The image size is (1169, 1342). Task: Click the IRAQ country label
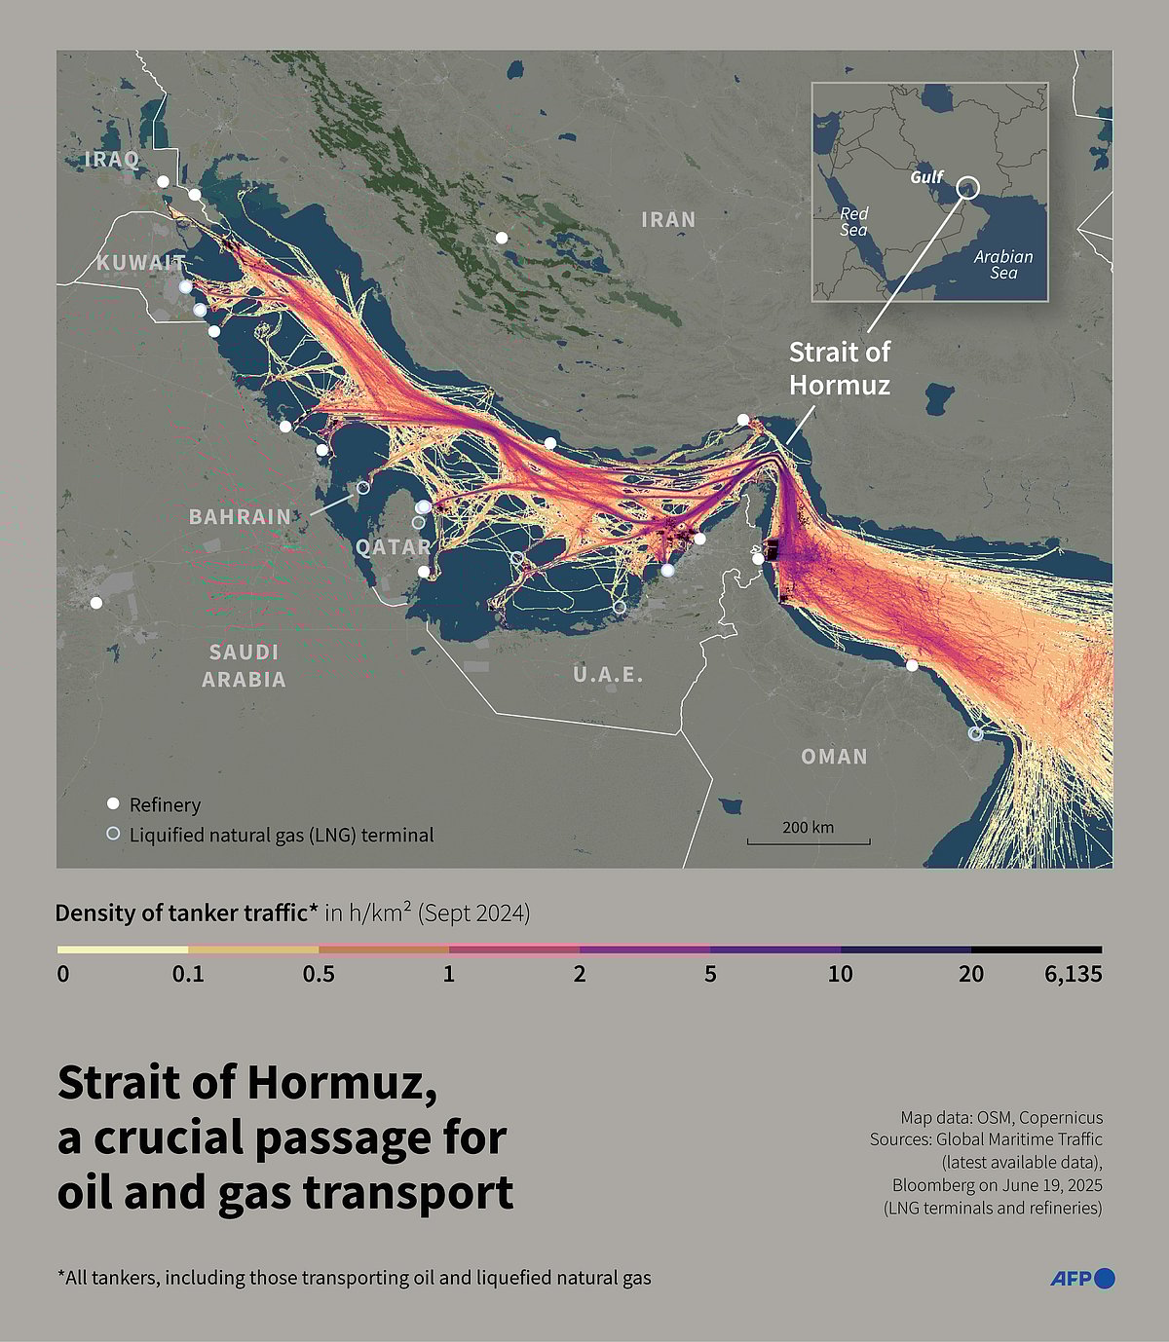pos(112,159)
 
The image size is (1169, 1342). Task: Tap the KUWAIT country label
pos(140,263)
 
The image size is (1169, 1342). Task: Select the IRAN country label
pos(668,219)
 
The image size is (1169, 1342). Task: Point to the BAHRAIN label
pos(240,516)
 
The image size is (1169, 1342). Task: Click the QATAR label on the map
pos(393,546)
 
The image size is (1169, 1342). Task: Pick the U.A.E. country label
pos(608,674)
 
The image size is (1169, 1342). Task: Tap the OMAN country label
pos(834,756)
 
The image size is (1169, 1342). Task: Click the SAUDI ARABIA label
pos(244,665)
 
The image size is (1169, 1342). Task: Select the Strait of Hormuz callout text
pos(839,368)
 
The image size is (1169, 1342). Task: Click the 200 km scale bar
pos(809,840)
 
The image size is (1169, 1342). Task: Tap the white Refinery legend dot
pos(113,803)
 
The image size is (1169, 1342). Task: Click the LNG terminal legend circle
pos(113,834)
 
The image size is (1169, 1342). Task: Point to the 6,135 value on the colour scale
pos(1073,974)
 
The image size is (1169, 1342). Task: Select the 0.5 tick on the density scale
pos(319,974)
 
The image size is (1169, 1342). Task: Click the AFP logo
pos(1081,1279)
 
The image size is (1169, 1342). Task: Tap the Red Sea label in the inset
pos(853,221)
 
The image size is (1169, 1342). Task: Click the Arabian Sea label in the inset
pos(1003,264)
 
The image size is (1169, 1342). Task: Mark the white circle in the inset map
pos(967,187)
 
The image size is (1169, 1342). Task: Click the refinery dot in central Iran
pos(502,238)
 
